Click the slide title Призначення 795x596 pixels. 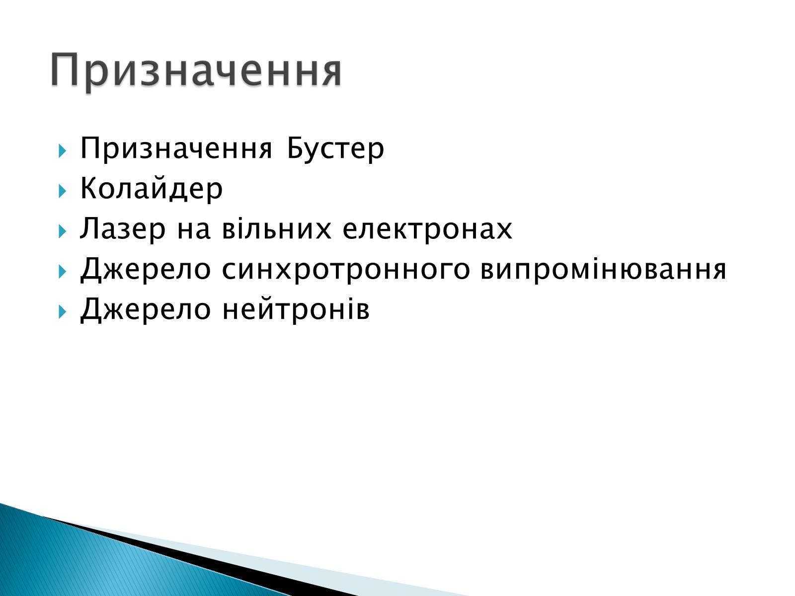(196, 70)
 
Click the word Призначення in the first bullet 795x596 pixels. (176, 149)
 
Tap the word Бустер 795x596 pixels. (335, 149)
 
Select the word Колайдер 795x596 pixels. (151, 189)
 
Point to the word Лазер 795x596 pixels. (123, 228)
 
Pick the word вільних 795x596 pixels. (277, 228)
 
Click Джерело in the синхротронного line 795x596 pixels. (145, 269)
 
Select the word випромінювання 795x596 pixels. (603, 269)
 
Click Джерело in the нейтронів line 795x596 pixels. (145, 309)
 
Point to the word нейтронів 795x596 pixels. (296, 309)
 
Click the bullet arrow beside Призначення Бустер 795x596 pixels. (62, 150)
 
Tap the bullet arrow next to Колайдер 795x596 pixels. (62, 191)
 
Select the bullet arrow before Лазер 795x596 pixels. (62, 231)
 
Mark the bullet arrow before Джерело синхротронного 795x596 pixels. (62, 271)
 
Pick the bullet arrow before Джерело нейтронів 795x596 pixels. (62, 311)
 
